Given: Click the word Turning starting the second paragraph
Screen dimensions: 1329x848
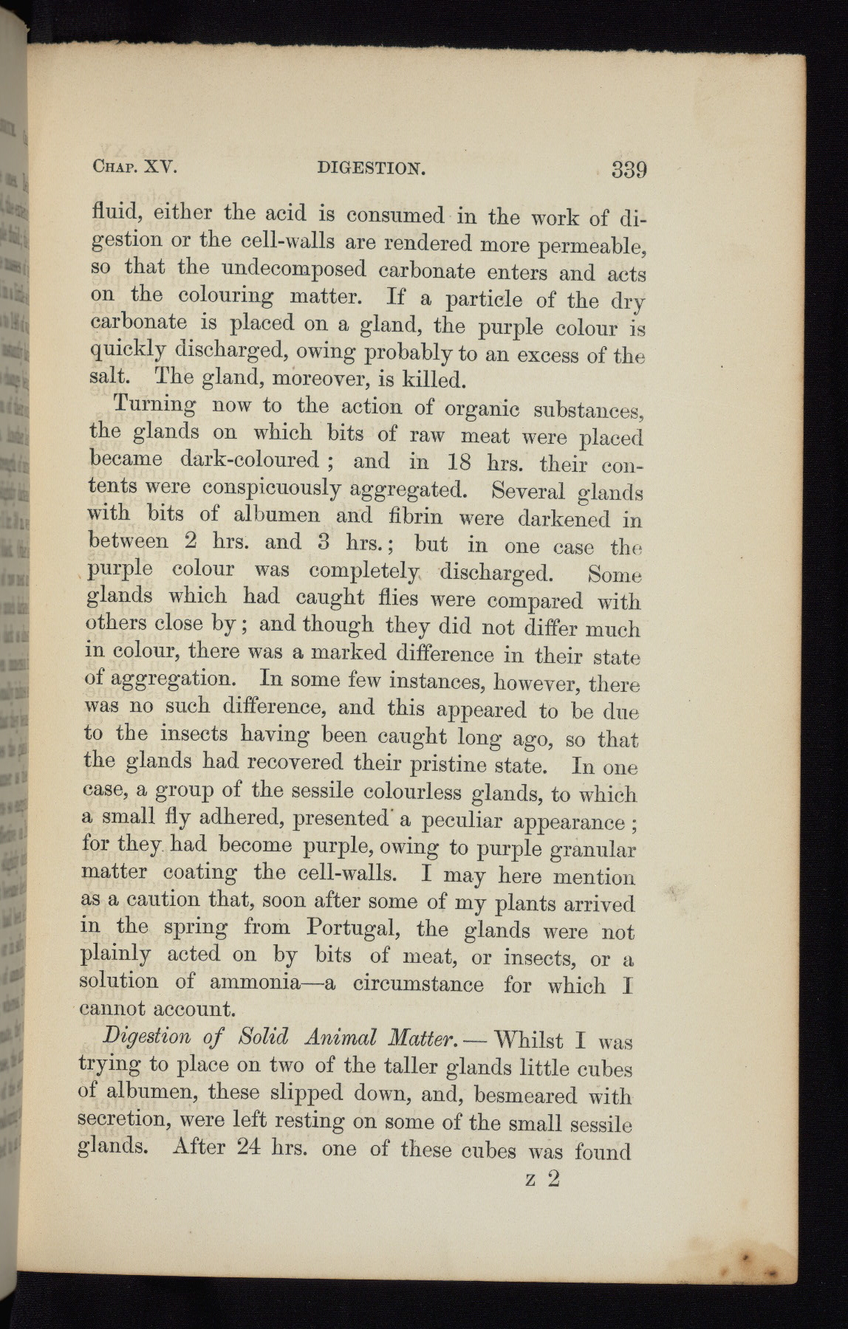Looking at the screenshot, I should [x=154, y=407].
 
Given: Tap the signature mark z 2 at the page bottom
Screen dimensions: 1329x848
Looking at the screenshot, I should [x=543, y=1178].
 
